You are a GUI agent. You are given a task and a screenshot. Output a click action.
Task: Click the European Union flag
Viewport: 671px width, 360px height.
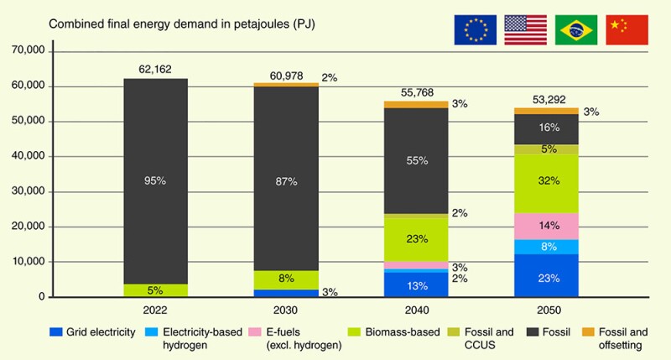475,29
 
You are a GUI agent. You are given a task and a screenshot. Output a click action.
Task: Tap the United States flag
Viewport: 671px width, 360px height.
525,29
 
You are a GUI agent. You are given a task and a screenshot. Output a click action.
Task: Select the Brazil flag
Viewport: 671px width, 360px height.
576,29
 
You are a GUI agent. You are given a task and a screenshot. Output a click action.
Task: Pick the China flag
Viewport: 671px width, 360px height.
627,29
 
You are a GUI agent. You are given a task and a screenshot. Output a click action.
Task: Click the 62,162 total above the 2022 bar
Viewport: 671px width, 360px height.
154,69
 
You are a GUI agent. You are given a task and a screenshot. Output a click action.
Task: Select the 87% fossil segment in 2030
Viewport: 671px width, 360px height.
285,178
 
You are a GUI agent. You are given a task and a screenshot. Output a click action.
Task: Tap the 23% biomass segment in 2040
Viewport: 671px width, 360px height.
416,239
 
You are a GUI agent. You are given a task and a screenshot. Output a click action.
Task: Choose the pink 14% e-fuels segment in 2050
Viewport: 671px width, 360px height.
546,225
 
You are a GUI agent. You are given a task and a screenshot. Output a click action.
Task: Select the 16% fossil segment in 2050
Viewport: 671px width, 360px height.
546,128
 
